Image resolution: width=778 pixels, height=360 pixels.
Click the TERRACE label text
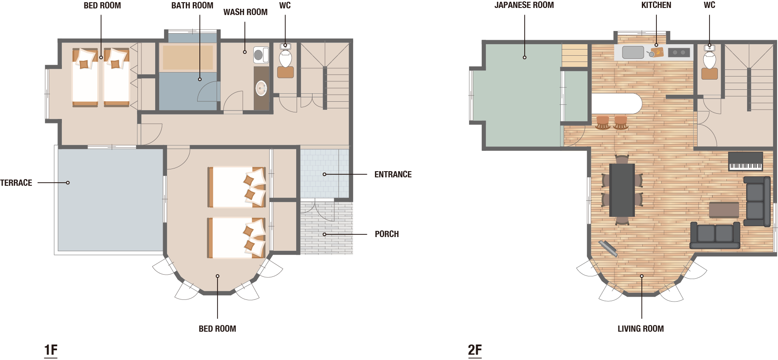pos(16,183)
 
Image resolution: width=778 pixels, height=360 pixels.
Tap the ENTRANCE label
pos(393,174)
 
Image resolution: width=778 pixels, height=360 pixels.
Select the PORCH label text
pos(387,234)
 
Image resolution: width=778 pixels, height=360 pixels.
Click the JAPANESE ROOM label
pos(524,5)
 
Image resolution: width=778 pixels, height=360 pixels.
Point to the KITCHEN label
pos(656,5)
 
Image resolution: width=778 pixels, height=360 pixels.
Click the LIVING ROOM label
pos(641,329)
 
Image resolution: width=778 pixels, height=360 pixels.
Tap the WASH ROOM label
pos(245,12)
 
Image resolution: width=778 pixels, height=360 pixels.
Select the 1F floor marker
pos(51,350)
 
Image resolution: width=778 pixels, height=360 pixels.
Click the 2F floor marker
pos(475,350)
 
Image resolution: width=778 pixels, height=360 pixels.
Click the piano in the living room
pos(745,161)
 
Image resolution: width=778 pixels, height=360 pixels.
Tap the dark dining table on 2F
pos(622,190)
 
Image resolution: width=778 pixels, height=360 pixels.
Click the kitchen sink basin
pos(633,52)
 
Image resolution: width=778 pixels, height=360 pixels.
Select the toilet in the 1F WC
pos(285,57)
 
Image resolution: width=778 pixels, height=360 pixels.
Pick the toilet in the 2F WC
pos(709,59)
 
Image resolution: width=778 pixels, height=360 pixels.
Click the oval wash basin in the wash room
pos(261,88)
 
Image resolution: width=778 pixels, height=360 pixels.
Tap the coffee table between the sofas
pos(724,210)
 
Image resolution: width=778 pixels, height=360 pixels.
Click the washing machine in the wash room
pos(261,55)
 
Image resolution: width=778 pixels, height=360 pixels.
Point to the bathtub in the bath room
pos(188,57)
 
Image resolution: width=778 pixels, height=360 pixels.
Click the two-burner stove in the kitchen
pos(679,52)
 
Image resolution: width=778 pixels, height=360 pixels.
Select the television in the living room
pos(608,248)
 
